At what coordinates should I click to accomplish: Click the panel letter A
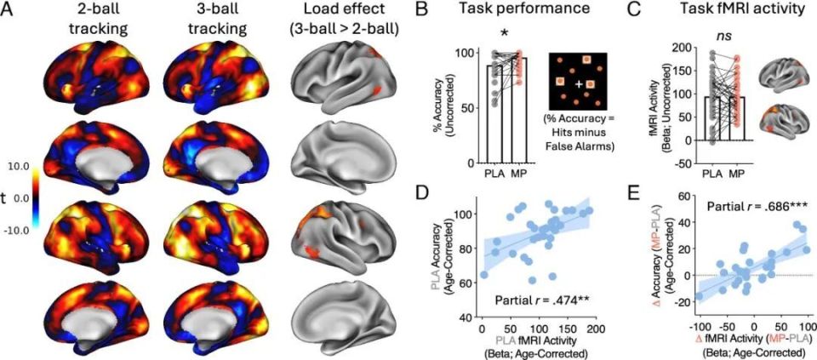(x=8, y=9)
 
